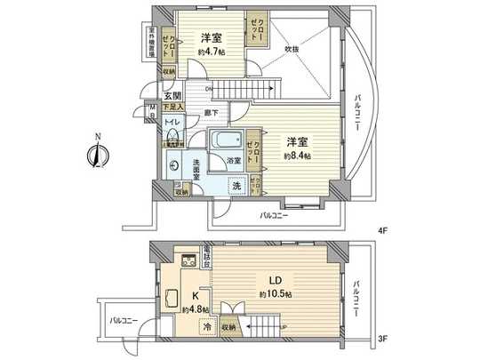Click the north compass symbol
coord(92,152)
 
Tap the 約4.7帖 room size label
coord(211,52)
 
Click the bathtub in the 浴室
coord(226,140)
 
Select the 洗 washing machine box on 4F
coord(236,185)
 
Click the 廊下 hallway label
coord(211,113)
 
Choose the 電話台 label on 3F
coord(206,256)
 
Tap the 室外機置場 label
coord(152,44)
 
